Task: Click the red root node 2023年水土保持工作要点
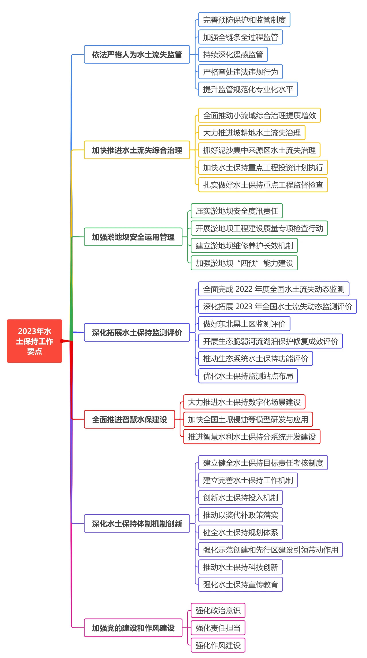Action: point(34,341)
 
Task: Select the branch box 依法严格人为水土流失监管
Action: point(137,54)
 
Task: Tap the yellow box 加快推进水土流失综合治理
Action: point(137,150)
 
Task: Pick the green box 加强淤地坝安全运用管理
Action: point(133,237)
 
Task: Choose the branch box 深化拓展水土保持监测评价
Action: point(137,332)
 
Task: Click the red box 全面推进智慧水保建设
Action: point(129,419)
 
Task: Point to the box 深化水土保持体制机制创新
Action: point(137,523)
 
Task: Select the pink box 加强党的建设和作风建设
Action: point(133,628)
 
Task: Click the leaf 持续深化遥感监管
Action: point(233,54)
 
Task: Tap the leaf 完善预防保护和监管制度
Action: point(244,20)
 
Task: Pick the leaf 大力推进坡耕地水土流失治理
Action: point(251,133)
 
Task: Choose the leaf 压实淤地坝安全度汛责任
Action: point(237,211)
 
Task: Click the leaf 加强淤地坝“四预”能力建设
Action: point(244,263)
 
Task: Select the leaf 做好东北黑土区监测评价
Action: point(244,324)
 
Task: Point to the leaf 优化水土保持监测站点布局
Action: point(248,376)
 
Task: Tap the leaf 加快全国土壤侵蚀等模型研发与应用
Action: point(248,419)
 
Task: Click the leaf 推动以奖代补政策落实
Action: point(240,515)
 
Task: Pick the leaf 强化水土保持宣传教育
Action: point(240,584)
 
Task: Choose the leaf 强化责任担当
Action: point(218,628)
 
